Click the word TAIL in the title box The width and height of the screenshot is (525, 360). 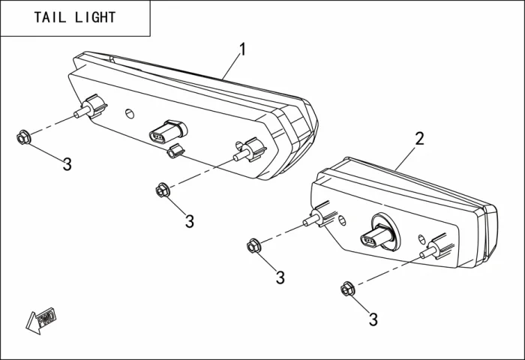[x=50, y=17]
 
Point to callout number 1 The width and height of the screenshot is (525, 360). [x=241, y=49]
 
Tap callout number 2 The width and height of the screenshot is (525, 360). [x=419, y=138]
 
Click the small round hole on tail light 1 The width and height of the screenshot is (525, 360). [x=129, y=113]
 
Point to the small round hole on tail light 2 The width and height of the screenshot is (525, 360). [x=341, y=220]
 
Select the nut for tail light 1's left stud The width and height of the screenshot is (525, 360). [x=23, y=137]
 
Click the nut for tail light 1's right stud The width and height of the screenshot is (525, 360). [x=162, y=190]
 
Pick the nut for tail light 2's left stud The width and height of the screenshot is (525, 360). [x=253, y=245]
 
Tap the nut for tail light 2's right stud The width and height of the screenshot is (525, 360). [x=346, y=288]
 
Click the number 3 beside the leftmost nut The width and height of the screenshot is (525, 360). [x=67, y=165]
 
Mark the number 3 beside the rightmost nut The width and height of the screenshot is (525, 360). [x=373, y=319]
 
